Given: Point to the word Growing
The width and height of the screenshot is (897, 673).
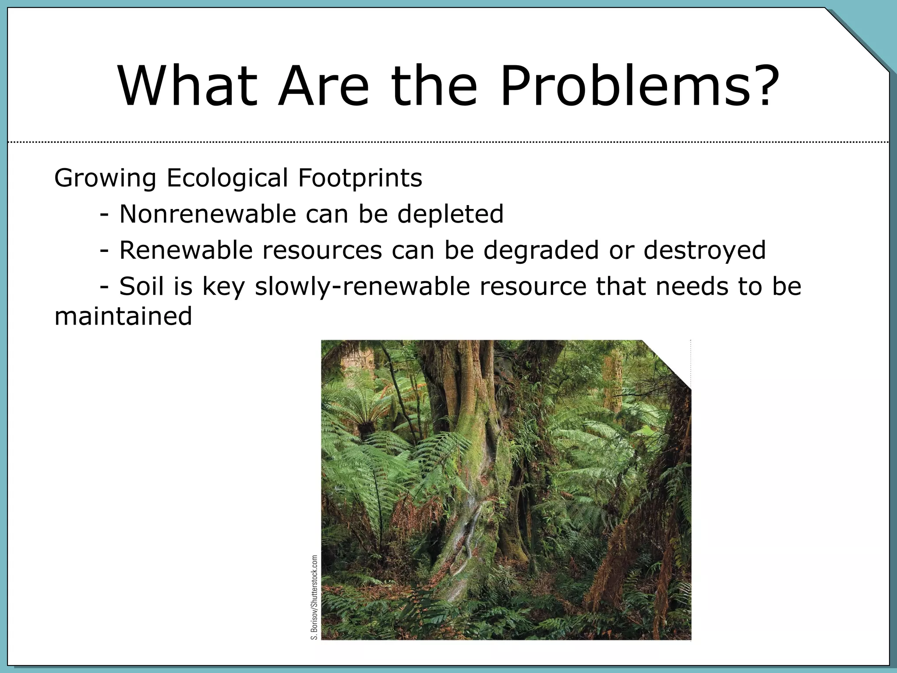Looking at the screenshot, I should (x=105, y=179).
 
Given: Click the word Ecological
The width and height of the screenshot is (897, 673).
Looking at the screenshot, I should (x=227, y=178).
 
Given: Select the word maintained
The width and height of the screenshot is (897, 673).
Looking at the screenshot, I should (x=123, y=316).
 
